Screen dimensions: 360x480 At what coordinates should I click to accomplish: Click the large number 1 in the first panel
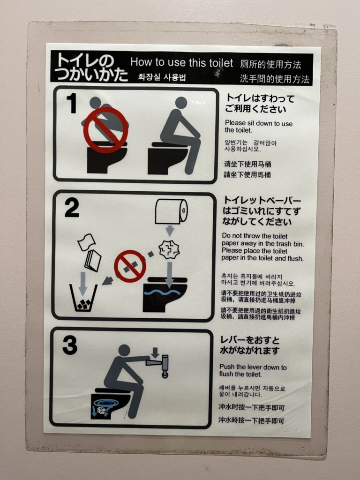(72, 103)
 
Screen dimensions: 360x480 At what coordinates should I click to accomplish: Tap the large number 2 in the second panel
(72, 208)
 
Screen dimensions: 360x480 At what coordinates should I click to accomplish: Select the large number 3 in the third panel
(70, 345)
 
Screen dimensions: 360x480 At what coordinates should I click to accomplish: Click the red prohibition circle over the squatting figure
(105, 130)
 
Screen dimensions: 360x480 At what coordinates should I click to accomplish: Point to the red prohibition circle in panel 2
(130, 266)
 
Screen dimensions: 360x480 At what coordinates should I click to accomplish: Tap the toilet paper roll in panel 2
(171, 211)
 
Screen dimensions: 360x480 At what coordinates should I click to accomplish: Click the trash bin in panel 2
(83, 298)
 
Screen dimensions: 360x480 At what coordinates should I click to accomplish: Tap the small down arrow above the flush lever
(155, 352)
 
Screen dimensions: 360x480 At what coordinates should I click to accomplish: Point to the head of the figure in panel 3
(124, 350)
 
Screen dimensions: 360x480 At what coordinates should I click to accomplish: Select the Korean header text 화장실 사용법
(162, 77)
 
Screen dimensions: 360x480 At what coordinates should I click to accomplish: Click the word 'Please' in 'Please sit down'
(235, 123)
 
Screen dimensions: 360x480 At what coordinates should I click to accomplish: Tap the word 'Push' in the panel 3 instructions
(227, 367)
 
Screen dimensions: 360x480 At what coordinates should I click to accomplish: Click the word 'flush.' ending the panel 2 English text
(295, 258)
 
